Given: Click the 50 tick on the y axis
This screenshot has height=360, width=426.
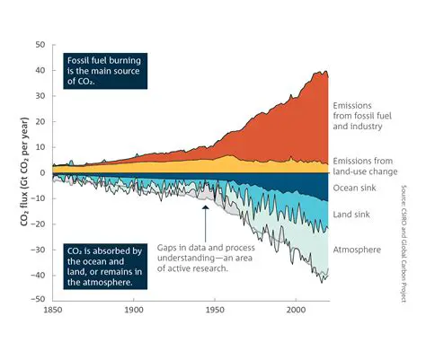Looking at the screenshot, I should (39, 44).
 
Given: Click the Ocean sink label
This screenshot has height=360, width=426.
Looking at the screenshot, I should (356, 187).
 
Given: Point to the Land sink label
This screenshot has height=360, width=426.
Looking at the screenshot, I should (353, 215).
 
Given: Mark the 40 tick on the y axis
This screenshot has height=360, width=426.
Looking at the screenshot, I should (39, 69).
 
